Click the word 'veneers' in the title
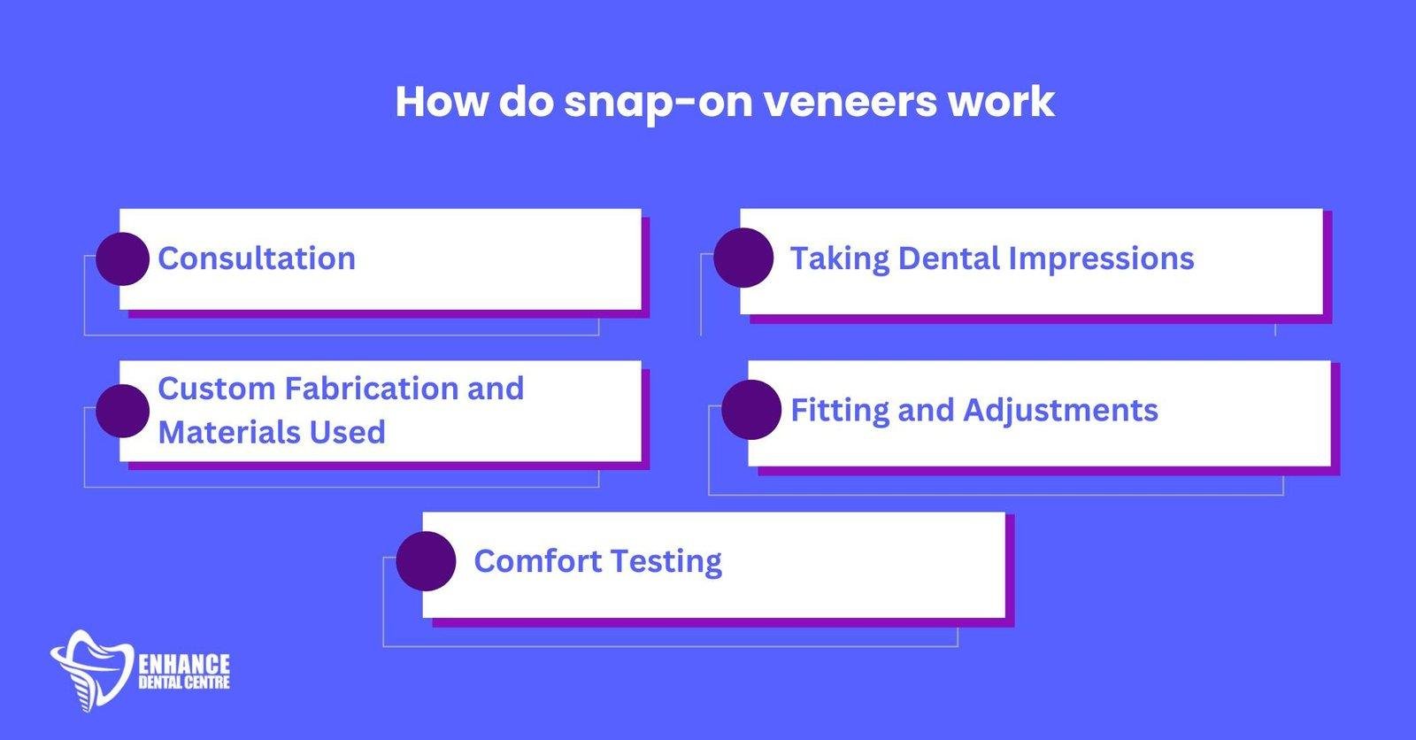pos(850,102)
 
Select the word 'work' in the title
pos(1000,102)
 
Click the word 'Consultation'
pos(257,258)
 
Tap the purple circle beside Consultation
pos(122,258)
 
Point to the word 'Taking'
pos(839,258)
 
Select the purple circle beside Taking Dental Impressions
pos(743,258)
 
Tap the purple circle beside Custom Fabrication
pos(122,411)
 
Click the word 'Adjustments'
pos(1060,411)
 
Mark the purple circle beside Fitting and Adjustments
pos(751,410)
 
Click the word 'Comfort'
pos(536,561)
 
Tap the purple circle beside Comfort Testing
pos(426,561)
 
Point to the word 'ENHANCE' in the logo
pos(185,665)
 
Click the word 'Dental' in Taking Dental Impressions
pos(949,258)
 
